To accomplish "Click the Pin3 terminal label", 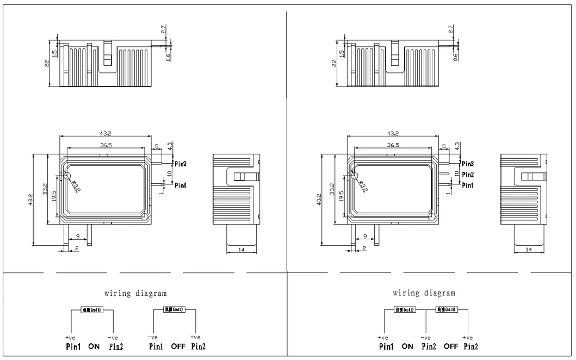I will [468, 164].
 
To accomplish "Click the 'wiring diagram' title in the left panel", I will [135, 294].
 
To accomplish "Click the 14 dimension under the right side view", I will [529, 249].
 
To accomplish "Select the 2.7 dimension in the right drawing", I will [450, 29].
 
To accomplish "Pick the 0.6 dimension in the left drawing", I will [168, 55].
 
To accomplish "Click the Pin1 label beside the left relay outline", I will [180, 185].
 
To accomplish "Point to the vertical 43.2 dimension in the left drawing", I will [30, 200].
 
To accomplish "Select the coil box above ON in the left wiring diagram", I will [91, 310].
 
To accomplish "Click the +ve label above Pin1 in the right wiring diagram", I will [384, 338].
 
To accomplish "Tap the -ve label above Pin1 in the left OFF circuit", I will [152, 338].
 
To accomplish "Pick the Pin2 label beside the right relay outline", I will [468, 175].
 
